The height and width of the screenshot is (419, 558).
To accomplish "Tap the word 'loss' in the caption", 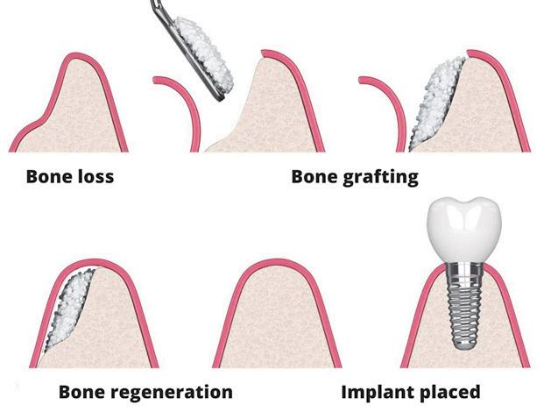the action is coord(95,177).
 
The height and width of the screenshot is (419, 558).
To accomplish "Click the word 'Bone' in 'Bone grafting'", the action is coord(315,177).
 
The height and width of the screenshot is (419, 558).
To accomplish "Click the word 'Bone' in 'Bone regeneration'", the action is coord(83,391).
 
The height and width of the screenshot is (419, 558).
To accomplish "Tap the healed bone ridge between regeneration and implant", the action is coord(275,324).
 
